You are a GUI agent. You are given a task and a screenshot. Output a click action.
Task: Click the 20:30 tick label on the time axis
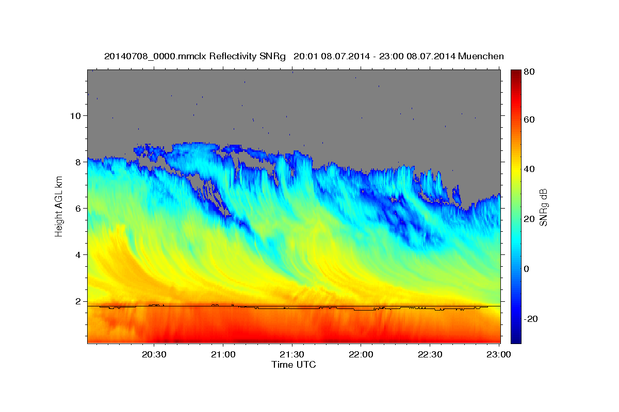[x=154, y=354]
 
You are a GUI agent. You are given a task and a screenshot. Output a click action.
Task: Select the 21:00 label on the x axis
[x=223, y=354]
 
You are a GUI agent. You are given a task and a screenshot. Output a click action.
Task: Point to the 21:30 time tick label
[x=292, y=354]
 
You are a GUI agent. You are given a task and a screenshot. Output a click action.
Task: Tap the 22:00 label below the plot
[x=361, y=354]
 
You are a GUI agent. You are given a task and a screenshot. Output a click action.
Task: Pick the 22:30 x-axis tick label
[x=430, y=354]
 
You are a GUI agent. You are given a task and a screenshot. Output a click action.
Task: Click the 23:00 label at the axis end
[x=498, y=354]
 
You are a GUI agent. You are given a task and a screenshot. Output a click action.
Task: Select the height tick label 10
[x=75, y=116]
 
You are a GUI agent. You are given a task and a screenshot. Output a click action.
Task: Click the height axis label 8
[x=78, y=162]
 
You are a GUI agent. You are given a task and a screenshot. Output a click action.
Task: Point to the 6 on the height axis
[x=78, y=209]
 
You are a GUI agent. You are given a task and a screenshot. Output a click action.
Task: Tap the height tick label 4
[x=78, y=255]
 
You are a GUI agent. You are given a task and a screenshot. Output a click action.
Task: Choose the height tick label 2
[x=78, y=301]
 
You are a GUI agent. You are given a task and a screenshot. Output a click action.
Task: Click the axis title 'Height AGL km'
[x=59, y=207]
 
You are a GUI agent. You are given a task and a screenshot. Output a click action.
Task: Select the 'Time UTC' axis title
[x=294, y=365]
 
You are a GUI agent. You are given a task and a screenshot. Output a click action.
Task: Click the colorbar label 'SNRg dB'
[x=543, y=208]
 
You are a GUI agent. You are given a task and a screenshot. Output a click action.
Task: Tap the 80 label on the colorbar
[x=529, y=72]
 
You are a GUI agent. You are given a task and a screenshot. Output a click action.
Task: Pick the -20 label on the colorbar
[x=531, y=319]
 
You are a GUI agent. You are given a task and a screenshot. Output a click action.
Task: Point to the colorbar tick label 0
[x=527, y=269]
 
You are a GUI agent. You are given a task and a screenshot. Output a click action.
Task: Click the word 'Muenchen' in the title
[x=481, y=56]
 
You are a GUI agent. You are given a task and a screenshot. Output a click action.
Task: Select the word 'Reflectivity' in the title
[x=233, y=56]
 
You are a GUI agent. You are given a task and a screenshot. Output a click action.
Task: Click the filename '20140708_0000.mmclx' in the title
[x=155, y=57]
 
